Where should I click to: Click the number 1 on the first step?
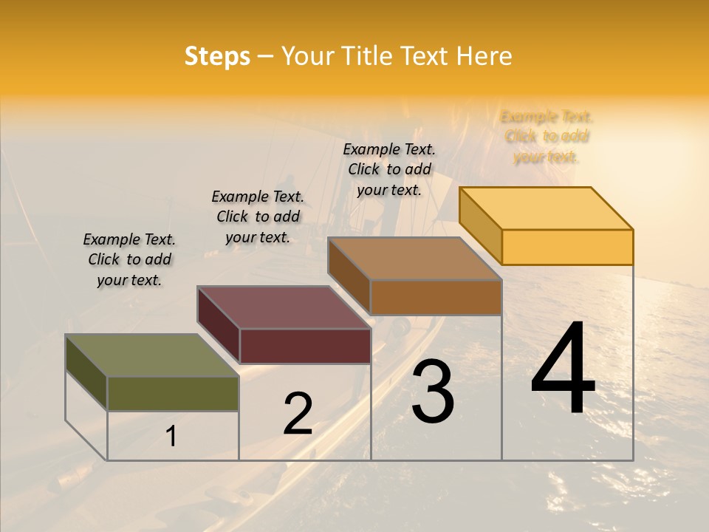click(x=171, y=437)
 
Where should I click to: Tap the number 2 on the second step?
click(x=298, y=414)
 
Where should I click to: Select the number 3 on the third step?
click(x=433, y=391)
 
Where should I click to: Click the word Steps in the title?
click(x=217, y=56)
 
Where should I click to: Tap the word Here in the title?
click(x=484, y=56)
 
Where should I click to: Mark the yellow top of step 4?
click(x=547, y=208)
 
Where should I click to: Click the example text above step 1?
click(x=129, y=259)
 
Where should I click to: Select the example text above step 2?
click(x=258, y=216)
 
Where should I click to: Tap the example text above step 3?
click(x=389, y=169)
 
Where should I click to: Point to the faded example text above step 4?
click(x=547, y=137)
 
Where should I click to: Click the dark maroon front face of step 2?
click(x=304, y=346)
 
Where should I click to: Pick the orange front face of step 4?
click(x=567, y=247)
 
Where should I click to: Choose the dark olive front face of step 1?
click(x=173, y=394)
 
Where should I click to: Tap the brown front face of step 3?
click(x=436, y=297)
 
